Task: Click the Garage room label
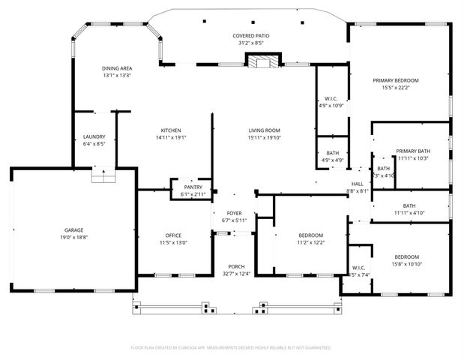[x=73, y=229]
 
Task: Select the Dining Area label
[x=117, y=68]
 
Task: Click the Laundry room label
[x=94, y=136]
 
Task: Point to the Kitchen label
[x=170, y=130]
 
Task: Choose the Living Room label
[x=264, y=130]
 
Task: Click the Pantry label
[x=193, y=187]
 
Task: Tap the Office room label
[x=173, y=235]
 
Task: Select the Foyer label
[x=235, y=214]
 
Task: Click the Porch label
[x=236, y=267]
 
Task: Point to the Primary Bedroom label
[x=396, y=80]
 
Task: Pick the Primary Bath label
[x=413, y=151]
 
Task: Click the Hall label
[x=358, y=184]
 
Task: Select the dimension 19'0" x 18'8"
[x=73, y=236]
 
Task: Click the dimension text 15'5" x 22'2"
[x=396, y=87]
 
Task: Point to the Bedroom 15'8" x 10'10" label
[x=406, y=256]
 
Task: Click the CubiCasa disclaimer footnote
[x=231, y=348]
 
